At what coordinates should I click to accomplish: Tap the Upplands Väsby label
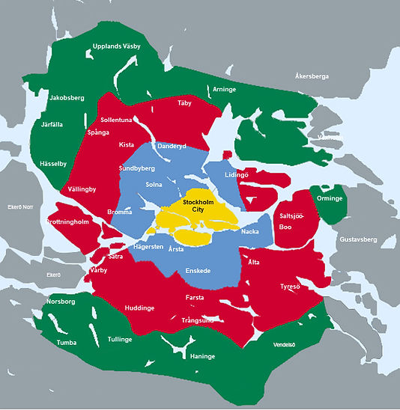tap(116, 46)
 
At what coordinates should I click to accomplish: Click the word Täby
tap(184, 102)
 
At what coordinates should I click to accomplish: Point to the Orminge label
tap(330, 199)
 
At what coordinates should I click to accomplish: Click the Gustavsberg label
tap(358, 239)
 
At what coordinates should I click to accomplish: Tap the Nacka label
tap(250, 232)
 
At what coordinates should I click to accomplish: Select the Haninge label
tap(202, 356)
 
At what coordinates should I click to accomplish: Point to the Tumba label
tap(67, 343)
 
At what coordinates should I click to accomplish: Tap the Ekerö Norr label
tap(20, 206)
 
